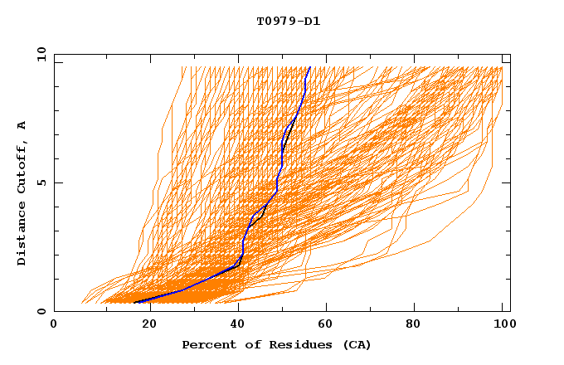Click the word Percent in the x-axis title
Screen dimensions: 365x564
tap(207, 344)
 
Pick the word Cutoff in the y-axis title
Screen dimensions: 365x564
tap(22, 167)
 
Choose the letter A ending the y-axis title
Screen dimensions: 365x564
tap(22, 125)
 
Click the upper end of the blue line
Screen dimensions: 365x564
tap(309, 67)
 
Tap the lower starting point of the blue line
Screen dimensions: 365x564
tap(134, 303)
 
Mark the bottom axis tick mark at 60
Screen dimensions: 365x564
tap(323, 309)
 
